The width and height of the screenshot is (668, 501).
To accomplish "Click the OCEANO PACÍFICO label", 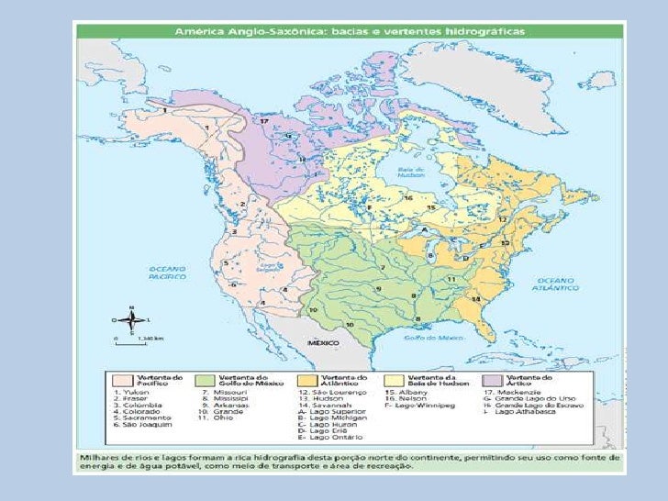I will click(x=170, y=272).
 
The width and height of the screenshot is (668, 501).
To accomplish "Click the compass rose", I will click(x=131, y=320).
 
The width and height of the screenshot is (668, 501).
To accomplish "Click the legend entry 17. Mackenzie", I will click(x=524, y=392).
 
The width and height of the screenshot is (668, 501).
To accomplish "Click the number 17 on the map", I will click(x=262, y=121).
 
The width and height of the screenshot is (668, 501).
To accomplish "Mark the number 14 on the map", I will click(x=475, y=300).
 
